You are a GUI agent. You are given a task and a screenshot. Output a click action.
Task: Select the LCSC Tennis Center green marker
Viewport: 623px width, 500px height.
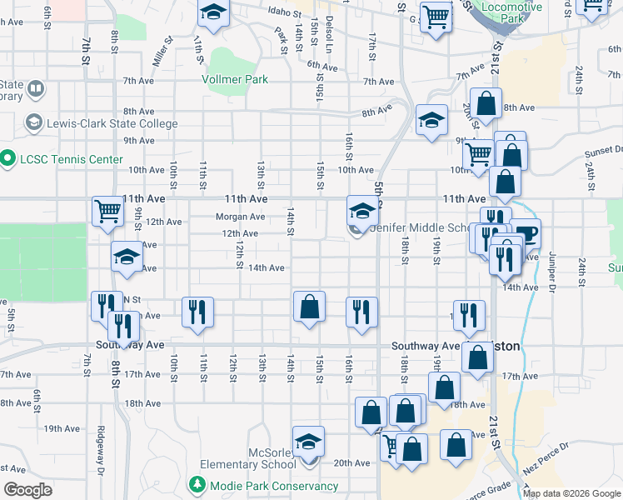[x=8, y=157]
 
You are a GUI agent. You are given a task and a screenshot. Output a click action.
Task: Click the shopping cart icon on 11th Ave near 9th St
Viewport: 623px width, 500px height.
[x=107, y=212]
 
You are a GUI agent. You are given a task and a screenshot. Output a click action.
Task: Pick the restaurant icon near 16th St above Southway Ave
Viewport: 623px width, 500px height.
[x=361, y=312]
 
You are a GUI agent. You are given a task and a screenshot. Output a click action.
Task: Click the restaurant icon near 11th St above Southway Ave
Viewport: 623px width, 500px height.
[x=197, y=312]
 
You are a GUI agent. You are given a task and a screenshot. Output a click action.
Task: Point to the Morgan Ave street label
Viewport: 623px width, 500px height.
[x=240, y=217]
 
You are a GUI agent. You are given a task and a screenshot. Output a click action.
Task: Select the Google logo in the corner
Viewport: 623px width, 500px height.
[x=27, y=490]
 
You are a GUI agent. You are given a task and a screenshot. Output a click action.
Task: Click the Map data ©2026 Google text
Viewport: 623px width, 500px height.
[x=571, y=493]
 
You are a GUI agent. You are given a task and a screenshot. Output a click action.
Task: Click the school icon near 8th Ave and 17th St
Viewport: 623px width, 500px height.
[x=431, y=120]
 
